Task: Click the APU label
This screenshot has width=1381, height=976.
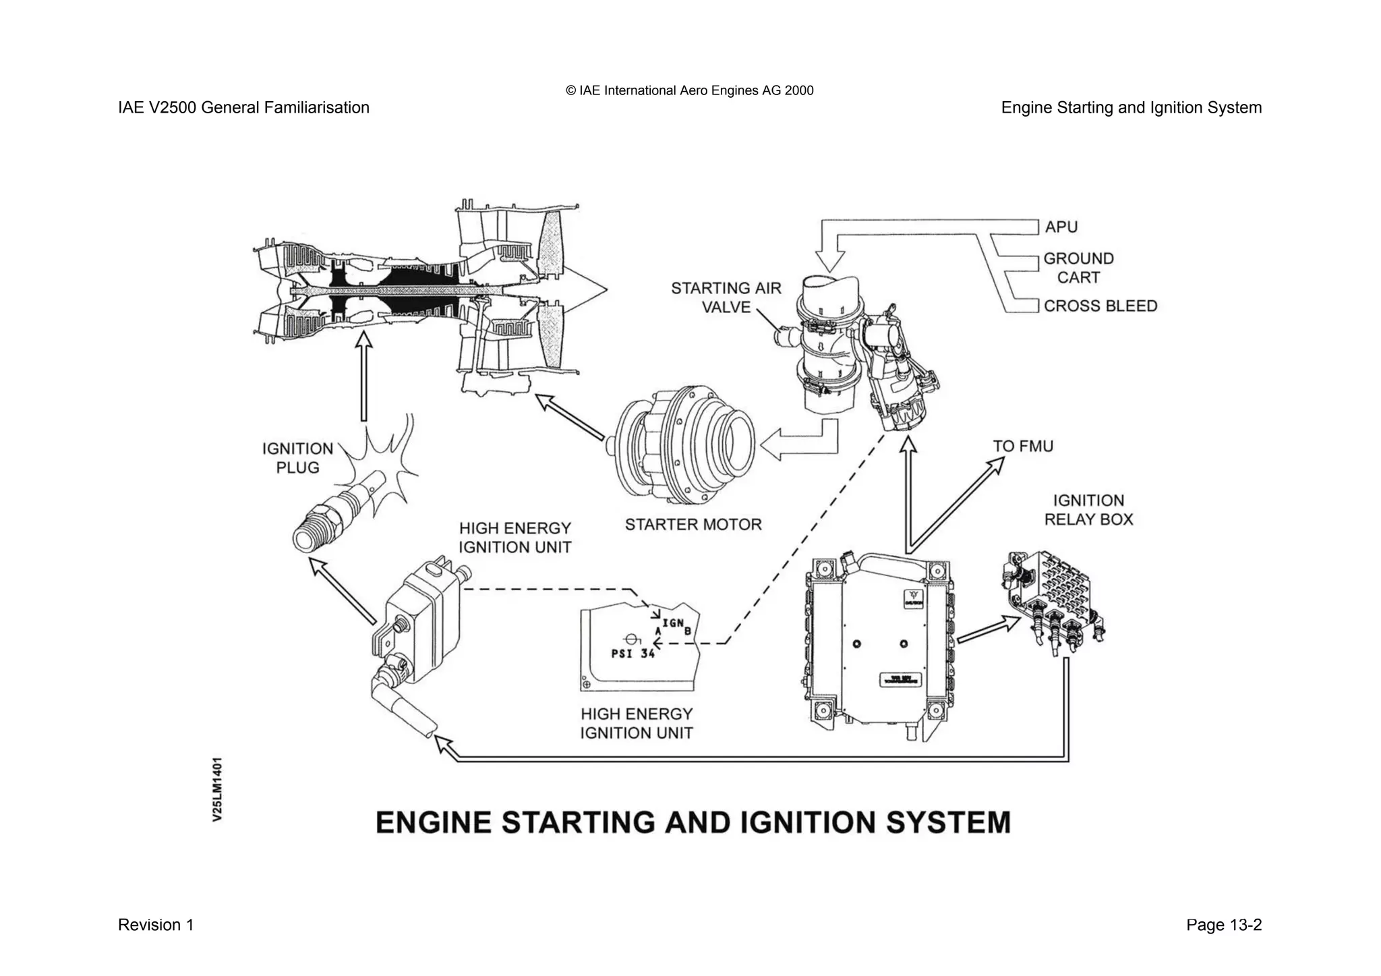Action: coord(1061,227)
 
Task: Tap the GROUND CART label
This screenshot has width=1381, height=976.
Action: coord(1078,268)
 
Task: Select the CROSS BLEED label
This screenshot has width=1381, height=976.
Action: coord(1100,306)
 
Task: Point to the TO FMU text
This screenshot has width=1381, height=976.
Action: coord(1022,447)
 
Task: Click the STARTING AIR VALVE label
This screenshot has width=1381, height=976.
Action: coord(726,297)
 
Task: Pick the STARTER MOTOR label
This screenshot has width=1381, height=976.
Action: coord(693,525)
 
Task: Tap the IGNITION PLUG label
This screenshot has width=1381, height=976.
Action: coord(297,458)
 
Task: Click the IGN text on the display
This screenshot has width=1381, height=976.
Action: coord(672,623)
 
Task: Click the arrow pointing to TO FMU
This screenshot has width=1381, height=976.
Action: coord(958,503)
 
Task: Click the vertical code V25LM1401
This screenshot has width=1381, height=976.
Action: coord(217,788)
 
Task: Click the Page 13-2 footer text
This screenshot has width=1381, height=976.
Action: coord(1223,925)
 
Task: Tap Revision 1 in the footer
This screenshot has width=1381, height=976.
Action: coord(156,925)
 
